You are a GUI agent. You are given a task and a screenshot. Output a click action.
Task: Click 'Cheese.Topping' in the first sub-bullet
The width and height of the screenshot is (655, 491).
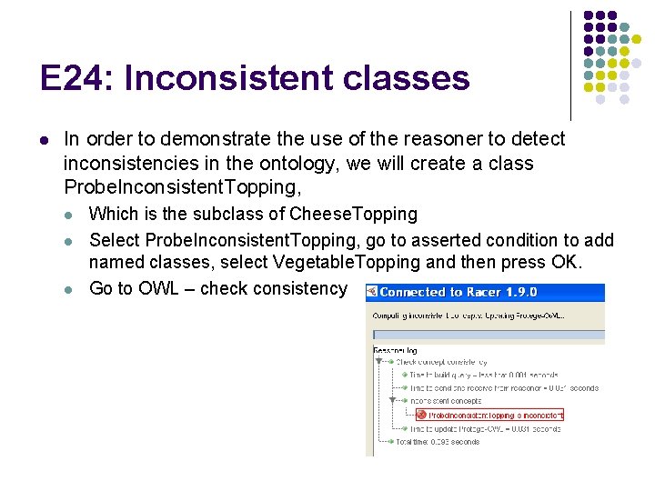pyautogui.click(x=353, y=215)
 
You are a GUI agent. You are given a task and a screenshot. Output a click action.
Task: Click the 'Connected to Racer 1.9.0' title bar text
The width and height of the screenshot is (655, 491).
pyautogui.click(x=458, y=293)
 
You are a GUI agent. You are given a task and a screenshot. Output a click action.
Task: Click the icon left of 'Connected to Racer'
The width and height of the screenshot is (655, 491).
pyautogui.click(x=371, y=293)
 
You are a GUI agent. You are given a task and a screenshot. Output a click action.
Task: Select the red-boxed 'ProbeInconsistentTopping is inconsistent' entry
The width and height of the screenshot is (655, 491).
pyautogui.click(x=495, y=415)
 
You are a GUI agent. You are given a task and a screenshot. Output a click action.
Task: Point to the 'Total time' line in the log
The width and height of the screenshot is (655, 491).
pyautogui.click(x=437, y=442)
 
